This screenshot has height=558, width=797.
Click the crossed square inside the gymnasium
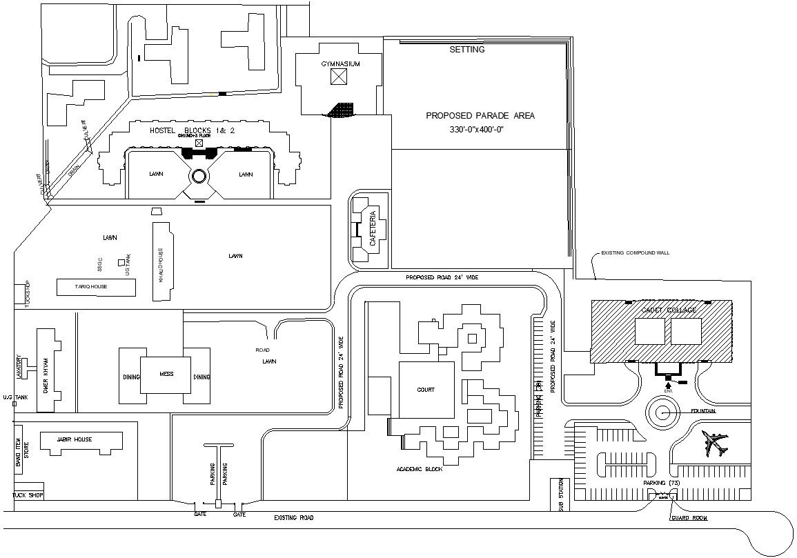pyautogui.click(x=338, y=77)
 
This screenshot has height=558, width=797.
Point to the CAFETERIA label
pyautogui.click(x=373, y=228)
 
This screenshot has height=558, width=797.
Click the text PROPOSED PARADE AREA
pyautogui.click(x=480, y=116)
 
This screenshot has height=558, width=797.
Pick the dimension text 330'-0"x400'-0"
pyautogui.click(x=478, y=129)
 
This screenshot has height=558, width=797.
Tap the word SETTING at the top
pyautogui.click(x=467, y=50)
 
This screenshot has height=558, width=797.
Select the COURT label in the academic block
pyautogui.click(x=426, y=390)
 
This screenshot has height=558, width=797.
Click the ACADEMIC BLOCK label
pyautogui.click(x=419, y=469)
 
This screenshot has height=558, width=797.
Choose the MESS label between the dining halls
pyautogui.click(x=166, y=374)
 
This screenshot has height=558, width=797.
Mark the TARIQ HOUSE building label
pyautogui.click(x=91, y=286)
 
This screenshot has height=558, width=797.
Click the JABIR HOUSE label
pyautogui.click(x=75, y=439)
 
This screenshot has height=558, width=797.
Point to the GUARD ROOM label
pyautogui.click(x=691, y=518)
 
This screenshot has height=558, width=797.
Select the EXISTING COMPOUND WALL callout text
pyautogui.click(x=635, y=253)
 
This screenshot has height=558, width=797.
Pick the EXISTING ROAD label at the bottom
pyautogui.click(x=293, y=517)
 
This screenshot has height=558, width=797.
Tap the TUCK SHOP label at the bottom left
pyautogui.click(x=28, y=495)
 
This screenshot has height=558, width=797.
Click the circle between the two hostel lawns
pyautogui.click(x=199, y=176)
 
